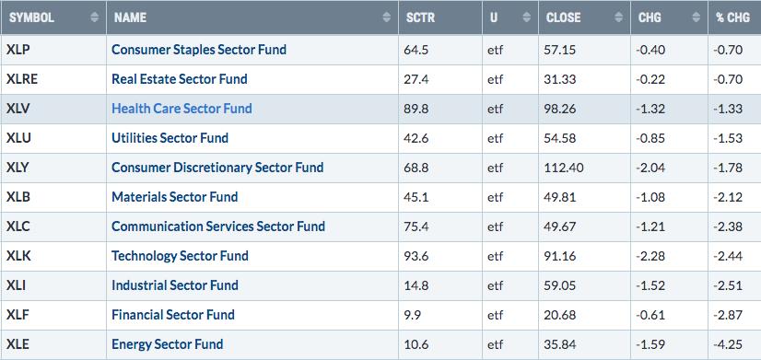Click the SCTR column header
click(x=420, y=17)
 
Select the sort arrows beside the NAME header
click(x=386, y=17)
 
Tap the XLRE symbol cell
click(x=22, y=79)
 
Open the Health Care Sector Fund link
click(x=181, y=109)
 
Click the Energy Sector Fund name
click(x=168, y=344)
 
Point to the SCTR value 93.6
click(x=416, y=256)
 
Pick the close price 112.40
click(x=565, y=168)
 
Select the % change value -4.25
click(x=728, y=344)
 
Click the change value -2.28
click(x=651, y=256)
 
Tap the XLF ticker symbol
click(x=18, y=315)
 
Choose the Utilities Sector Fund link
click(x=170, y=138)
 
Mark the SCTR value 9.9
click(x=413, y=315)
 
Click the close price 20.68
click(x=561, y=315)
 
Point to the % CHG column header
click(x=732, y=17)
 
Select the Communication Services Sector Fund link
click(x=218, y=226)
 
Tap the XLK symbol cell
click(x=18, y=256)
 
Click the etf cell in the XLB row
click(x=495, y=197)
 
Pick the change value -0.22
click(x=651, y=79)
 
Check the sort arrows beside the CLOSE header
click(x=618, y=17)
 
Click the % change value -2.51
click(x=728, y=285)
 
